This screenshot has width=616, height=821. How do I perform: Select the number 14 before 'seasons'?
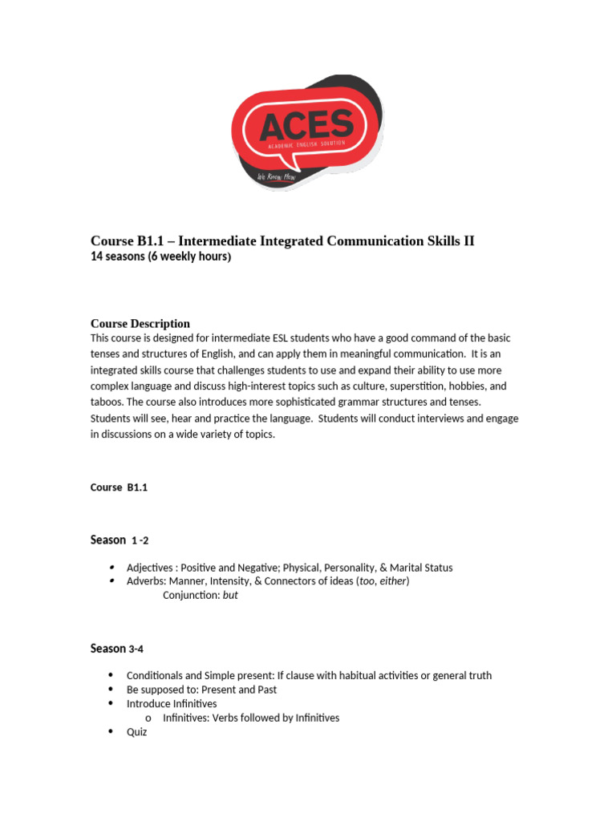tap(96, 257)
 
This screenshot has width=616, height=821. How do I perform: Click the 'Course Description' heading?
tap(140, 324)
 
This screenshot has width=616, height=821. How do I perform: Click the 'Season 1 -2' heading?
tap(120, 540)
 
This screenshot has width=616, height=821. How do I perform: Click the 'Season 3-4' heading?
tap(117, 649)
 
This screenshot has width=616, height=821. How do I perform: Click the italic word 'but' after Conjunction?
tap(230, 596)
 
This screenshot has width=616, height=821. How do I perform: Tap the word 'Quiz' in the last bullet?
tap(137, 733)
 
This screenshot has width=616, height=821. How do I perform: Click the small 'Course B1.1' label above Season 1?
tap(120, 487)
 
